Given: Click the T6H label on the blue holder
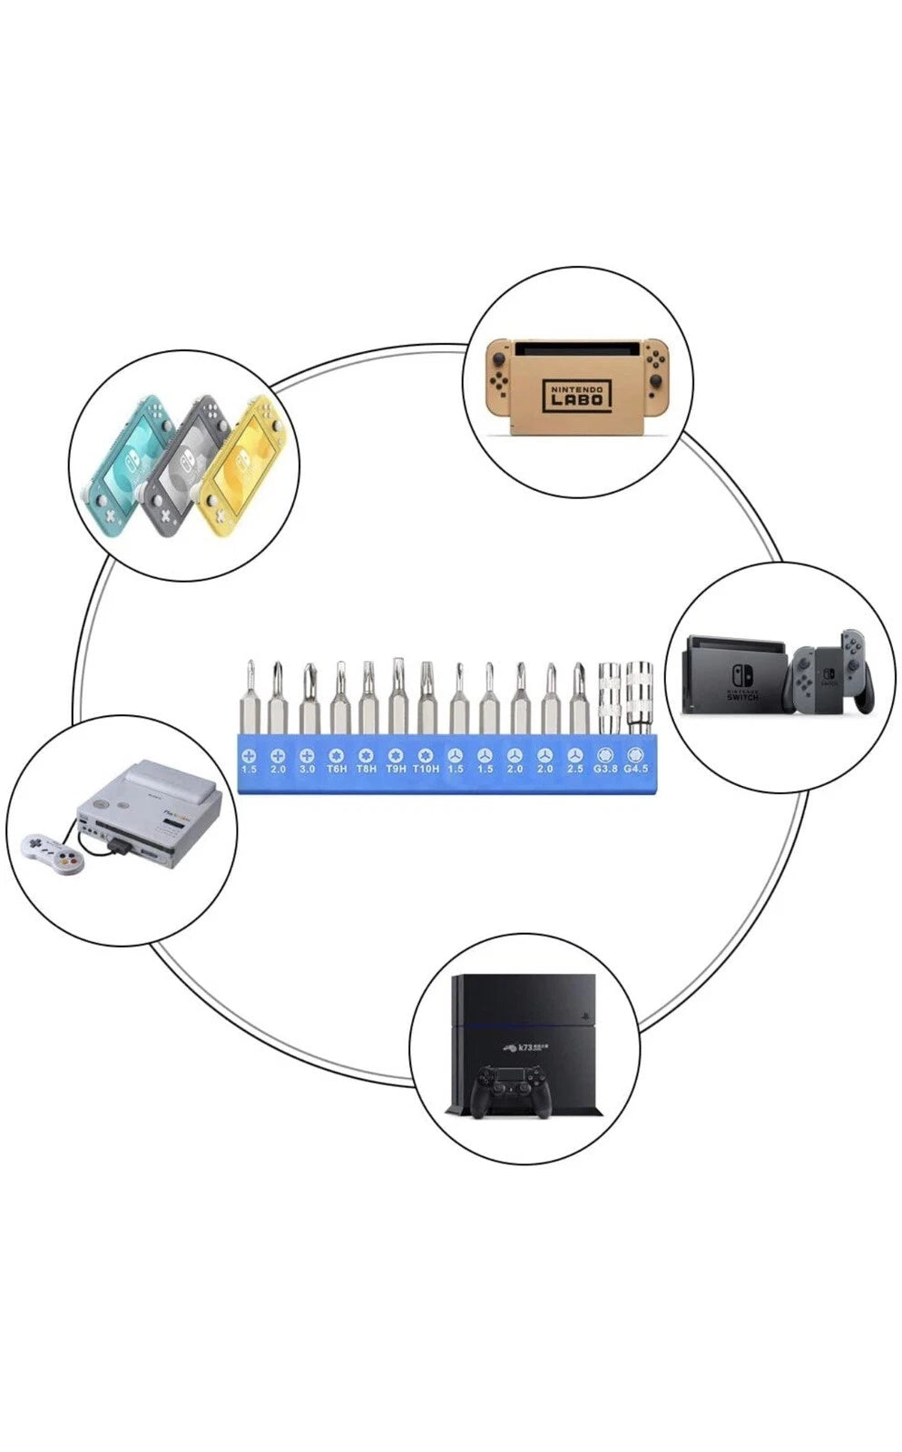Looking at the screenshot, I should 337,769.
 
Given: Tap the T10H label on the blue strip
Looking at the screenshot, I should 426,769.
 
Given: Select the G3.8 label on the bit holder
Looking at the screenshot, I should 605,769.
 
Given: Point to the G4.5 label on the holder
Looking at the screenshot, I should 635,769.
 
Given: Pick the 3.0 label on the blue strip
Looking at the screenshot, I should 307,769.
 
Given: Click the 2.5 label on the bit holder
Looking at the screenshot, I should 575,769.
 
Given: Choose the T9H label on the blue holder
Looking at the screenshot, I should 396,769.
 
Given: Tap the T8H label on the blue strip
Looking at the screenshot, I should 366,769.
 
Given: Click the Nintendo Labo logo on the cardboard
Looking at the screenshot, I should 576,396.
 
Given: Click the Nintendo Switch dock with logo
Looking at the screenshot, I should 735,676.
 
